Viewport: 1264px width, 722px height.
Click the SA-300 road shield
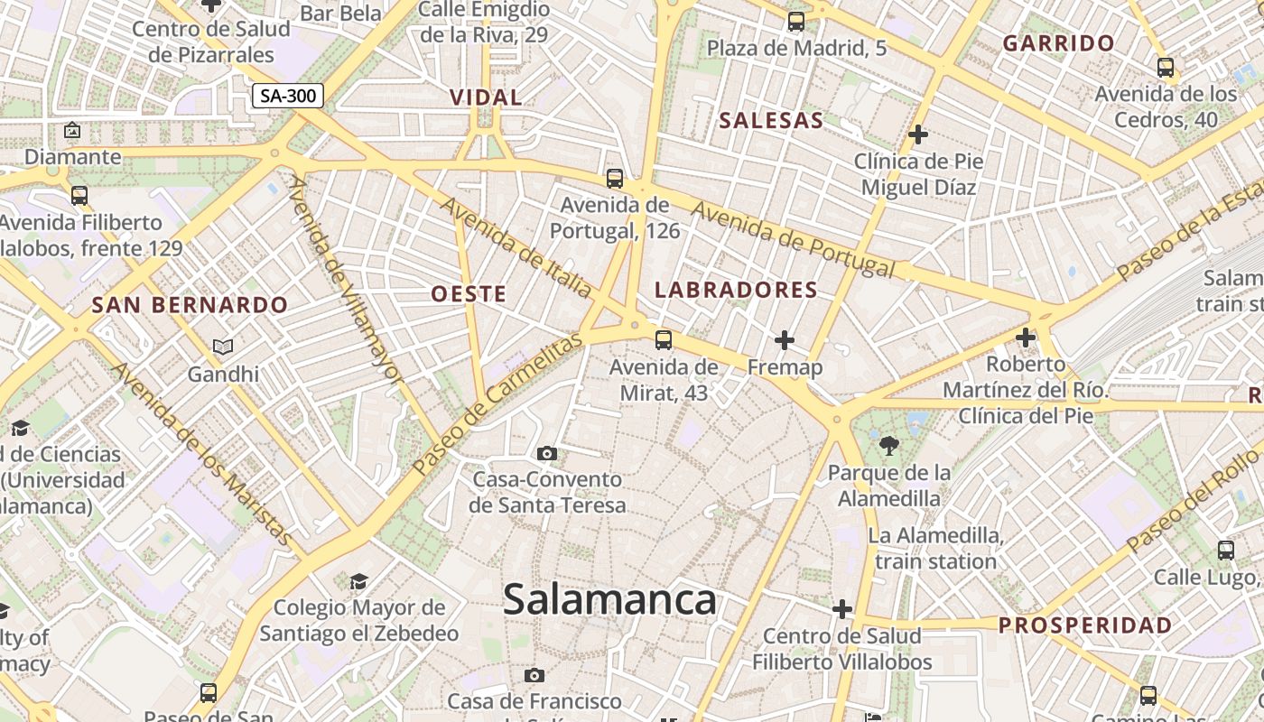tap(287, 96)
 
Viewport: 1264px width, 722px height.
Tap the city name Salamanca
tap(609, 600)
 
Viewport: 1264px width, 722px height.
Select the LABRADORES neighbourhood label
tap(736, 291)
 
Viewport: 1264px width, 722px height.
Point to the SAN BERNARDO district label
tap(190, 305)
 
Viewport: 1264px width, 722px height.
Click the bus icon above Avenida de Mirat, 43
tap(664, 340)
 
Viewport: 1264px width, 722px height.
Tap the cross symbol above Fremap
tap(785, 340)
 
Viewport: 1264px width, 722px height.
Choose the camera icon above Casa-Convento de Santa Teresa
tap(546, 453)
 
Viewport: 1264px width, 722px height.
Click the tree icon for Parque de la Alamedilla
tap(889, 445)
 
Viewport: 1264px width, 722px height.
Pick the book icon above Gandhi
tap(223, 347)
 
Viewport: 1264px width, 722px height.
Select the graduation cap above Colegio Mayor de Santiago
tap(358, 581)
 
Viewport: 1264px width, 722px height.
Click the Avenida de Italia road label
tap(516, 247)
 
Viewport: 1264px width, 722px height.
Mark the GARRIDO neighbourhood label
tap(1059, 43)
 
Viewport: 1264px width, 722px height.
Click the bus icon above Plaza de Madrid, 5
tap(795, 22)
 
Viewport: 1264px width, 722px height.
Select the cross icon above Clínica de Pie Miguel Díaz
tap(918, 135)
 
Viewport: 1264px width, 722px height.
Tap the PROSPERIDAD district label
tap(1085, 625)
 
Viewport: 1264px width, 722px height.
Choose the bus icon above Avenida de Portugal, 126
tap(615, 179)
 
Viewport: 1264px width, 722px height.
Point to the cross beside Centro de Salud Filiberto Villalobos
tap(842, 609)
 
